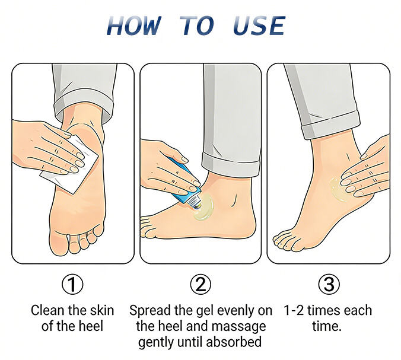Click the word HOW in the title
coord(135,26)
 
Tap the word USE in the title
coord(259,26)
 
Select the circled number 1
coord(72,284)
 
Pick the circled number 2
coord(200,284)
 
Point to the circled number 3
coord(329,284)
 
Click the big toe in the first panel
coord(58,241)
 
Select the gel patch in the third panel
coord(337,189)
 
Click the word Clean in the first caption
coord(47,310)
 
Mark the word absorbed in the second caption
coord(234,342)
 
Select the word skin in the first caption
coord(102,310)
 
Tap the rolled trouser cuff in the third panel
coord(330,125)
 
